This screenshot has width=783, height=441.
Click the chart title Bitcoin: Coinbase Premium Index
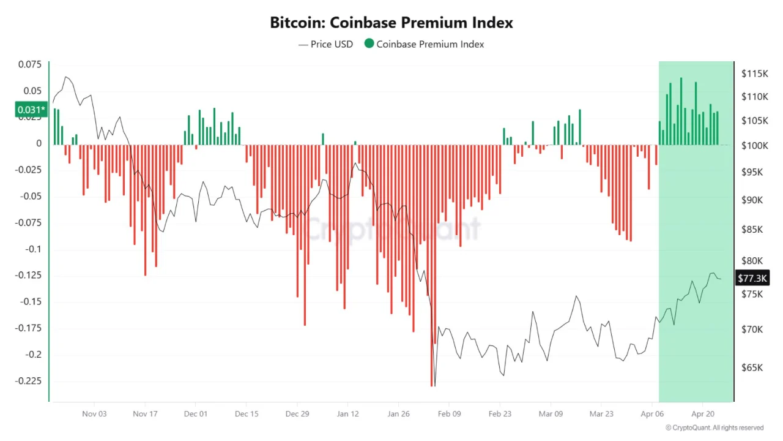click(391, 23)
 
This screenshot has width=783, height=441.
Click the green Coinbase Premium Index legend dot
click(369, 43)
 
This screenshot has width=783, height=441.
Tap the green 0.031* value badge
click(31, 110)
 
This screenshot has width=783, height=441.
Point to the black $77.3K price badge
click(752, 279)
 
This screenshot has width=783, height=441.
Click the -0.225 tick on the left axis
click(29, 380)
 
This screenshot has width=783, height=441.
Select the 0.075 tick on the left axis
click(30, 64)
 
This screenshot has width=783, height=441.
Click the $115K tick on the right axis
click(754, 73)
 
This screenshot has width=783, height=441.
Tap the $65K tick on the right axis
click(752, 368)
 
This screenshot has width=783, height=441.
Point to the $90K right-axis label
click(752, 200)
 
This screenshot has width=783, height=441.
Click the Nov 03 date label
click(94, 413)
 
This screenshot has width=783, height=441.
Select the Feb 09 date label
click(449, 413)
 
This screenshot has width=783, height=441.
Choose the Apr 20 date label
click(703, 413)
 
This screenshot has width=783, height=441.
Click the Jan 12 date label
click(347, 413)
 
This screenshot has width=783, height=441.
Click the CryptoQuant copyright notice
click(714, 428)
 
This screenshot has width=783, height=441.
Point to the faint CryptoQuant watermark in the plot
click(391, 230)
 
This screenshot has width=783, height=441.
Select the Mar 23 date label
click(601, 413)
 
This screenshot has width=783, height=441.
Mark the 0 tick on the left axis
click(39, 143)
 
